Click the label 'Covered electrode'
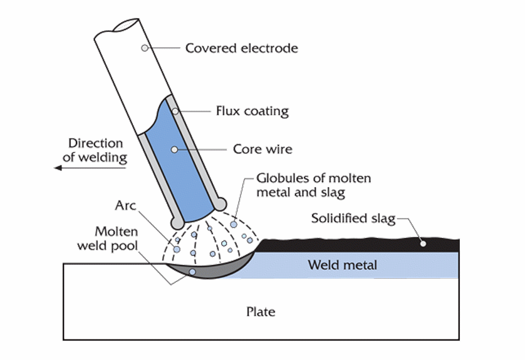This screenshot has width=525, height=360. tap(241, 48)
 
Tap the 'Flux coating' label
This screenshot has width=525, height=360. tap(252, 111)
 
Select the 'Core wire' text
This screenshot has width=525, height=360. tap(262, 150)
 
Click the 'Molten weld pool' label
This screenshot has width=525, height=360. tap(108, 239)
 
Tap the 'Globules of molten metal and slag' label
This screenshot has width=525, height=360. tap(313, 185)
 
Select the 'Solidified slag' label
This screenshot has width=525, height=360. tap(353, 219)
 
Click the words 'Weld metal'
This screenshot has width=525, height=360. tap(342, 265)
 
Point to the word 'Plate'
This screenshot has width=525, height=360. tap(261, 311)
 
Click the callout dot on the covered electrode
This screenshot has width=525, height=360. tap(145, 48)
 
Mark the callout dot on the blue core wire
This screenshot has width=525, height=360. tap(174, 149)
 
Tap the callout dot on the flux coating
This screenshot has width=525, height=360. tap(175, 112)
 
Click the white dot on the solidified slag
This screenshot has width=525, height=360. tap(424, 243)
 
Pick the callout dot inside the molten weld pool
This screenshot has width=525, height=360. tap(192, 272)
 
